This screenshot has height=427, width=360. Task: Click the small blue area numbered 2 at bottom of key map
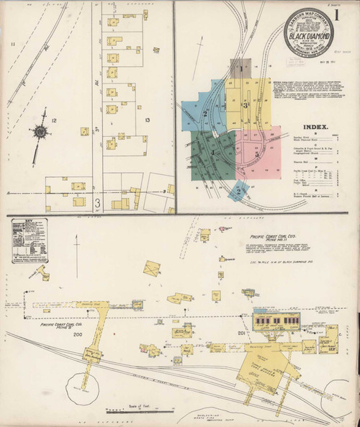[238, 191]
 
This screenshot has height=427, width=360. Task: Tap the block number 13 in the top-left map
[147, 120]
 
